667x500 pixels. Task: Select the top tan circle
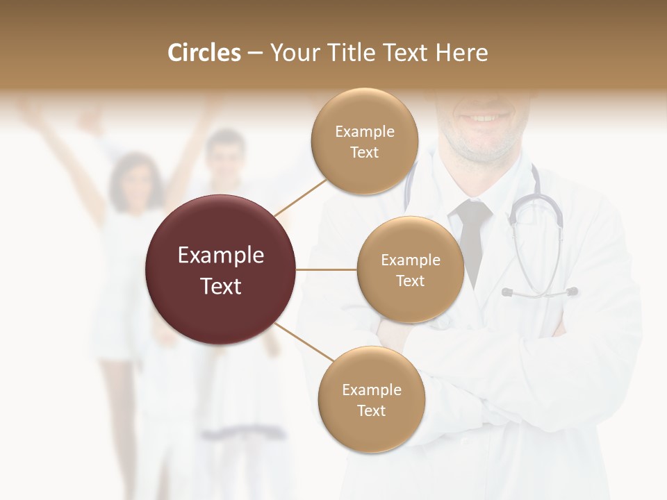pos(364,141)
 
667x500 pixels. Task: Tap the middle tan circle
pos(410,269)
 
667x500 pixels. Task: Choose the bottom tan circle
pos(371,399)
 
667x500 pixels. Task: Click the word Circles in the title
pos(204,53)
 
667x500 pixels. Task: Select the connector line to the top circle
pos(300,197)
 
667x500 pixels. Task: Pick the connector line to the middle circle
pos(327,269)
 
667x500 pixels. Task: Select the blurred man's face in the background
pos(227,156)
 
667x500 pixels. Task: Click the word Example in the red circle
pos(221,256)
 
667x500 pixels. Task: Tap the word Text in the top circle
pos(364,152)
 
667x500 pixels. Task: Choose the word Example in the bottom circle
pos(371,390)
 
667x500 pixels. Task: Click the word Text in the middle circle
pos(410,281)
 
